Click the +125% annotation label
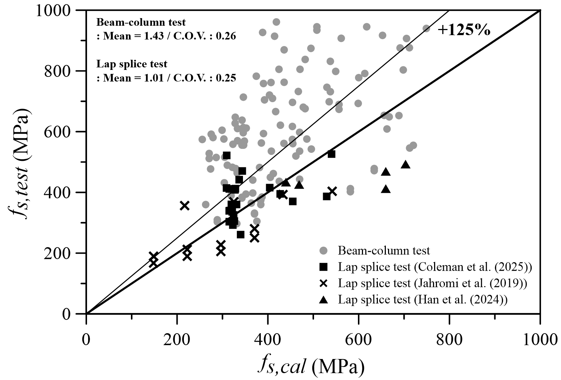(x=464, y=30)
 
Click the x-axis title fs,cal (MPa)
(x=311, y=367)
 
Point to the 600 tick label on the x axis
(x=358, y=340)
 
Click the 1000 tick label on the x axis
(x=540, y=340)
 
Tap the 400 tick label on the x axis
(x=267, y=340)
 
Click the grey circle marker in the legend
(x=323, y=250)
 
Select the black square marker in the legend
(x=323, y=267)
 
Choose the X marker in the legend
(x=323, y=283)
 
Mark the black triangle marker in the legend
(x=323, y=300)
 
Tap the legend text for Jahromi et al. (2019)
(x=433, y=283)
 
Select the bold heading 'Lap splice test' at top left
(x=132, y=64)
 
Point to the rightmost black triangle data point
(x=405, y=164)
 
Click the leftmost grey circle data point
(x=202, y=139)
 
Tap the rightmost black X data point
(x=332, y=191)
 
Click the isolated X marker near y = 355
(x=185, y=206)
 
